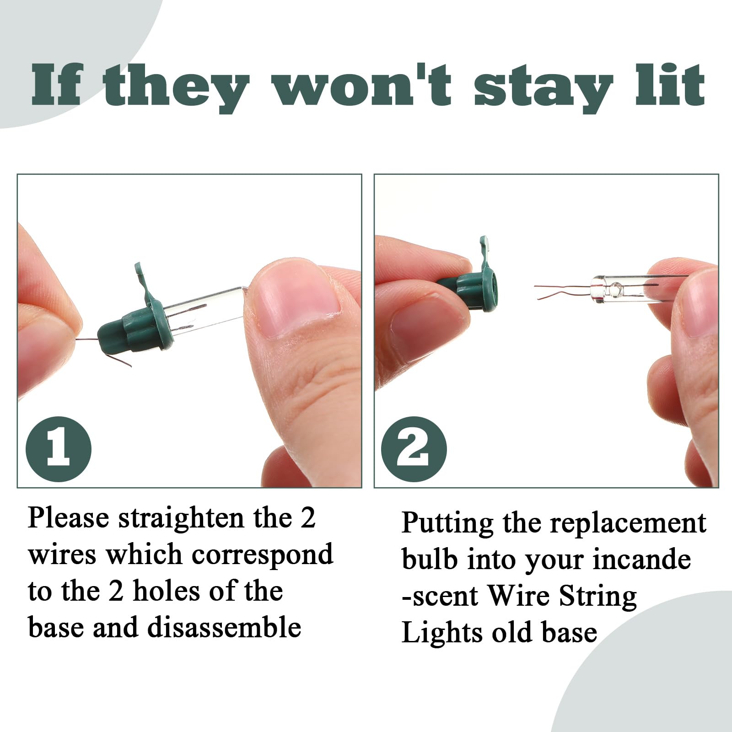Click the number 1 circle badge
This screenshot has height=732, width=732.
[x=59, y=449]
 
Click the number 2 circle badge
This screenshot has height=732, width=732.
[x=414, y=449]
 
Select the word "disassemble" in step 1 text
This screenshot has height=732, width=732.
[x=224, y=628]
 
